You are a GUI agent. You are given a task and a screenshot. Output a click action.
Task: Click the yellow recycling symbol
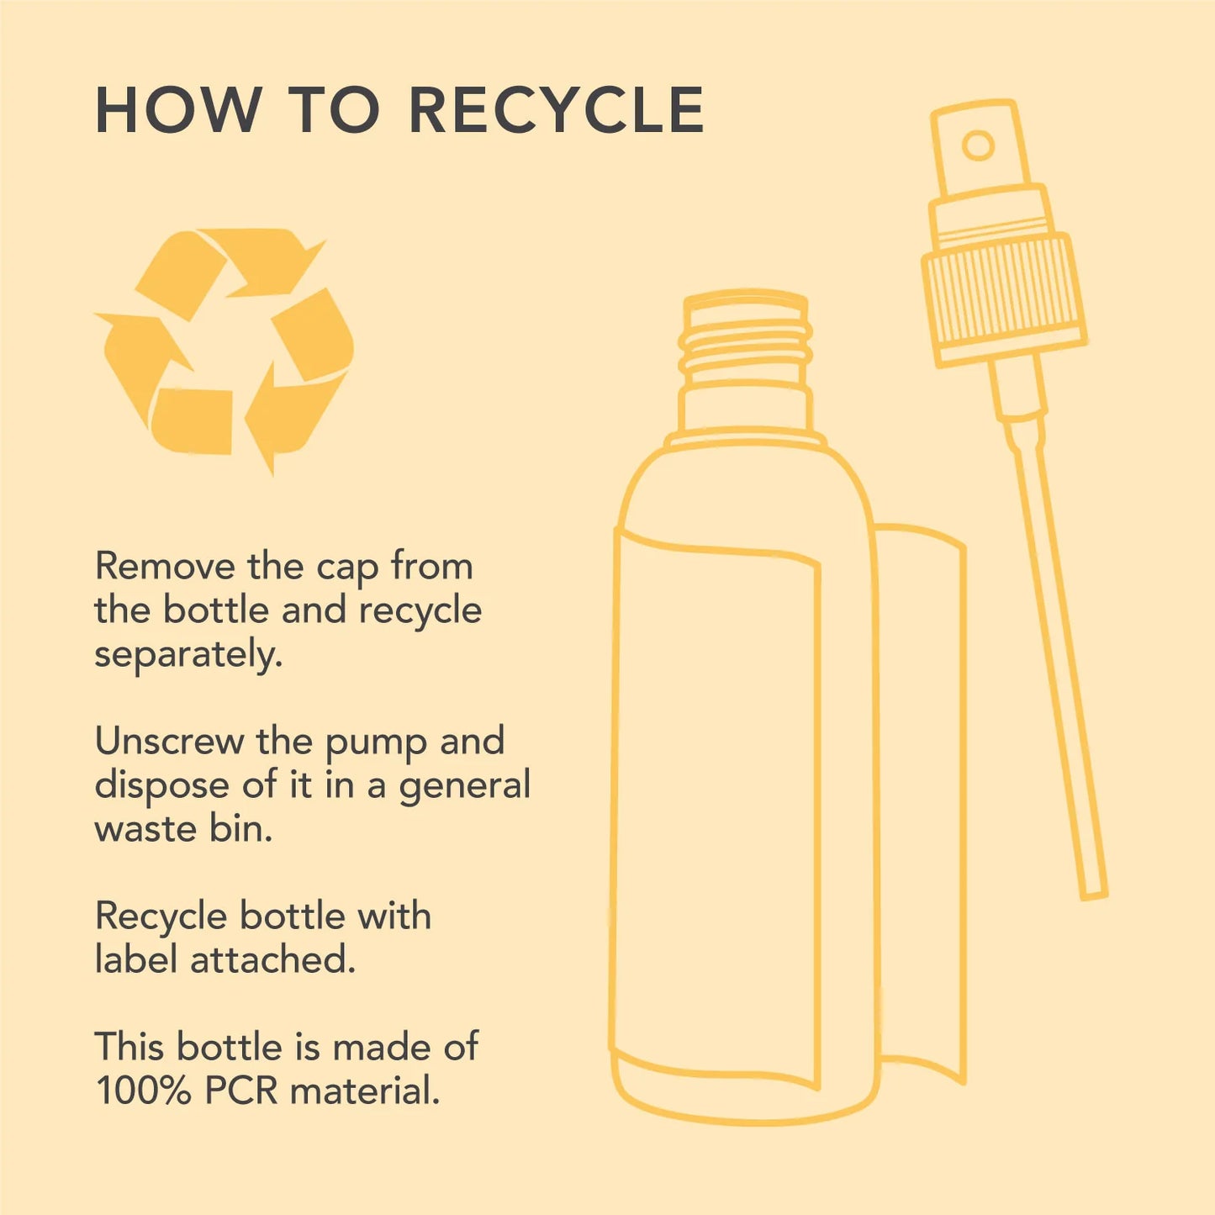coord(224,351)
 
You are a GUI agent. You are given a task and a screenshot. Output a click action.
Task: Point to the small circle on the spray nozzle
coord(978,146)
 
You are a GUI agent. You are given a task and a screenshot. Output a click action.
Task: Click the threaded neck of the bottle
coord(745,341)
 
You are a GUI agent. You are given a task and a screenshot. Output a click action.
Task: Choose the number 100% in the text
coord(143,1091)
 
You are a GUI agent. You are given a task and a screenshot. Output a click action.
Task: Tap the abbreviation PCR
coord(241,1091)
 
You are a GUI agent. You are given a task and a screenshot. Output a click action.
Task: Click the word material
coord(364,1091)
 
